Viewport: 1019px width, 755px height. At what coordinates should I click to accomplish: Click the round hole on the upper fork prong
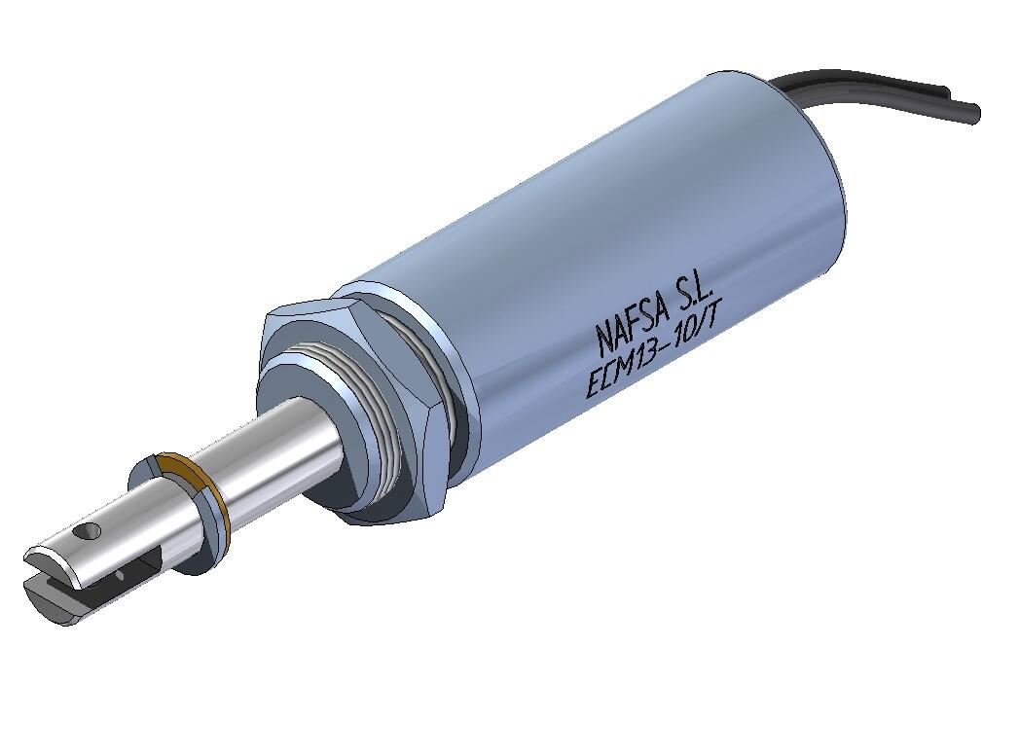(x=92, y=531)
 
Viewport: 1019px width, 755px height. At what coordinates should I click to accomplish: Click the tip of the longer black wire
(x=974, y=113)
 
